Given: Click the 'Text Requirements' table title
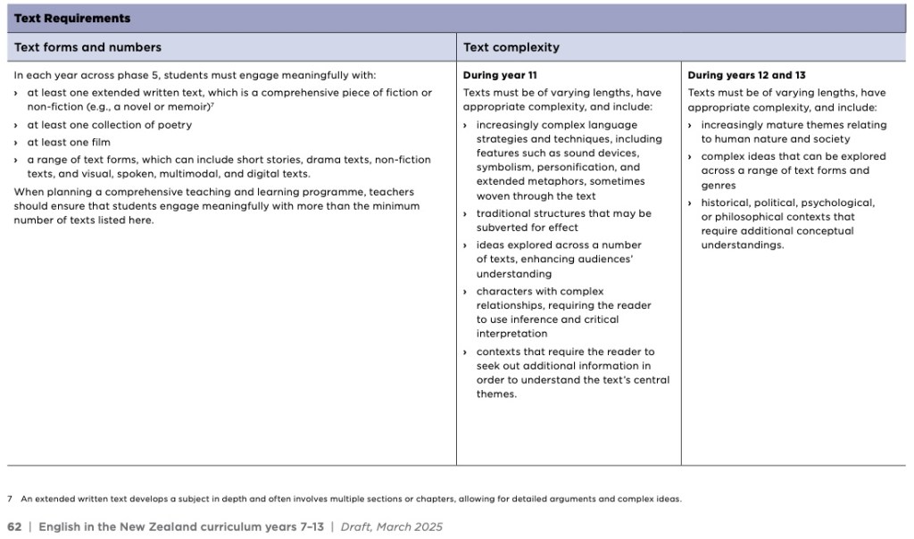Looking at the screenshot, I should point(72,18).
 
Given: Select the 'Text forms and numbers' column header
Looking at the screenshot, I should point(88,47).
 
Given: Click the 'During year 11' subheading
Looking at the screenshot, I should point(500,76).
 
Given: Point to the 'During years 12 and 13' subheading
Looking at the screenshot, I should point(746,76).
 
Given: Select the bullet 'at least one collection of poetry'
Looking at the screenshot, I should point(109,125).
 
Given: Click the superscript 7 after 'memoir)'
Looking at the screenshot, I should point(212,104).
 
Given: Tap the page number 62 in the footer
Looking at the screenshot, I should point(14,527).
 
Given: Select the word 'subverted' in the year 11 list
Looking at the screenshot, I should point(502,228).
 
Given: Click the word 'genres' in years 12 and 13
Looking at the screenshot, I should point(719,186).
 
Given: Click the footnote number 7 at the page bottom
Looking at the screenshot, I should point(9,499).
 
